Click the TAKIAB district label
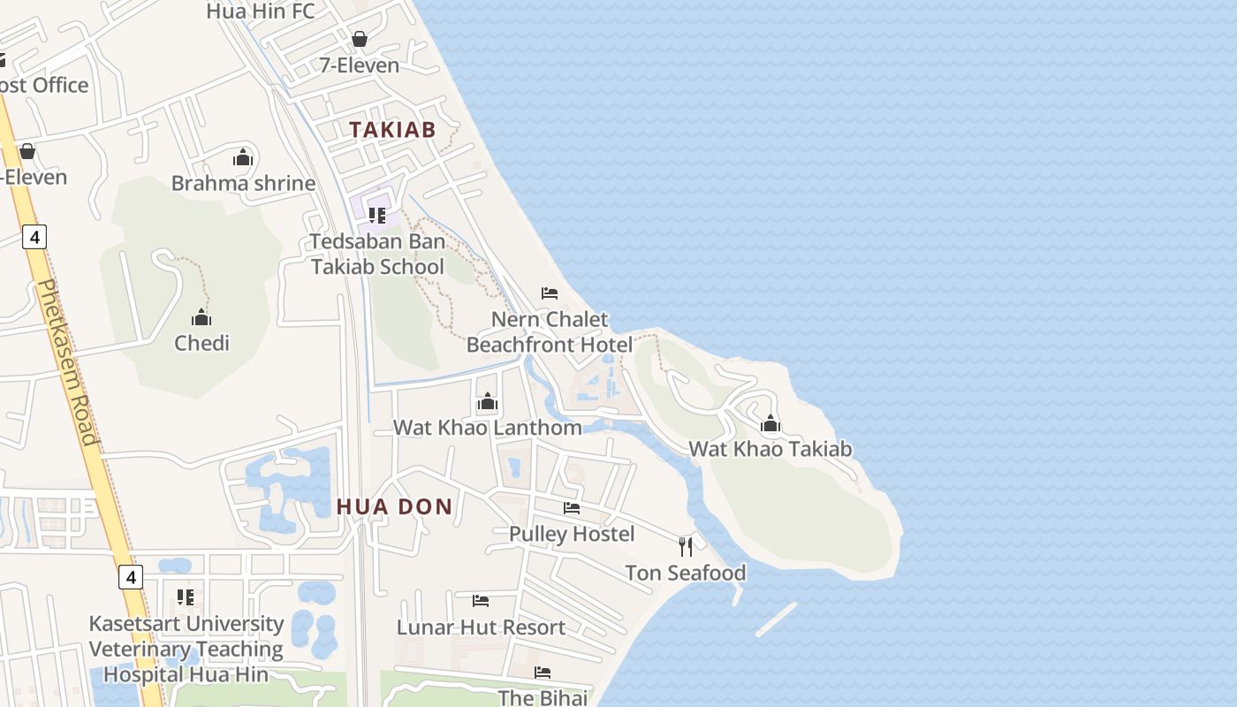(392, 130)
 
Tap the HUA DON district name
(394, 506)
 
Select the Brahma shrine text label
(243, 183)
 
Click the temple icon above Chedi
(201, 317)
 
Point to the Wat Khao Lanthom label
(488, 428)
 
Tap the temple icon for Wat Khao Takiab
(770, 423)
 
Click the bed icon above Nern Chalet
(550, 293)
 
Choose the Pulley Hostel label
(572, 534)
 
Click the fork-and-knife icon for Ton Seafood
(686, 546)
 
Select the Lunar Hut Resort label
(481, 627)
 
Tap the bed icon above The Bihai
(543, 673)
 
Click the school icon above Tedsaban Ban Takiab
(377, 215)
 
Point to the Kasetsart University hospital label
(186, 649)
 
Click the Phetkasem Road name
(68, 362)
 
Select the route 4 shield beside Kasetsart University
(130, 577)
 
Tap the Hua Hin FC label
(260, 11)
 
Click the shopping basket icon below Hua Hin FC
(360, 39)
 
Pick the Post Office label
(44, 85)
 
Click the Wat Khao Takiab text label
(770, 448)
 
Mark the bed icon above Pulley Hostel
(572, 508)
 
